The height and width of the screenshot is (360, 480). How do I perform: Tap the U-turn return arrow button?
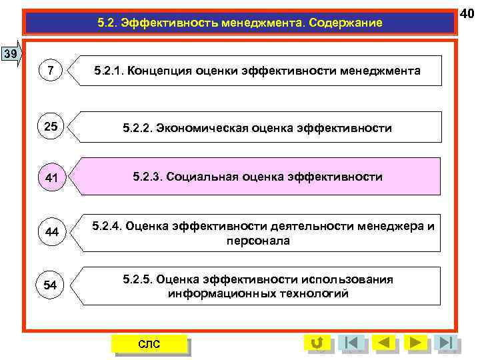(x=317, y=343)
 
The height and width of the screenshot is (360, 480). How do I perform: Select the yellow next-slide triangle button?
(x=416, y=343)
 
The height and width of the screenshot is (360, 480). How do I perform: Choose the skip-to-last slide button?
(x=447, y=343)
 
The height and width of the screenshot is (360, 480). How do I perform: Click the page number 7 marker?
(x=51, y=70)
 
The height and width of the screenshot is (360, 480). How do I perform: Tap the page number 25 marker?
(x=51, y=126)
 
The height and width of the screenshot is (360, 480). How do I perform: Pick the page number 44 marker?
(x=51, y=231)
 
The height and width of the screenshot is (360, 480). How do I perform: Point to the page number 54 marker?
(x=51, y=285)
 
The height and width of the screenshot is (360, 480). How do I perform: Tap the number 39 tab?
(x=10, y=53)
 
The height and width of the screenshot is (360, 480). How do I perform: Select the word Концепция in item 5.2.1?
(x=158, y=70)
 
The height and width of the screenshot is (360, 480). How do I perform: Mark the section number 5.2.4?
(x=107, y=227)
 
